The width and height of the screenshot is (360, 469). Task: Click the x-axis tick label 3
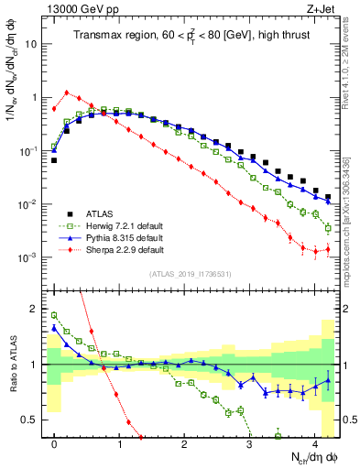click(250, 442)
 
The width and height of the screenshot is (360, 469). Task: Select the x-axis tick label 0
click(54, 442)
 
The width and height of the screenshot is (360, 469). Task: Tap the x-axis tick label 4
click(315, 442)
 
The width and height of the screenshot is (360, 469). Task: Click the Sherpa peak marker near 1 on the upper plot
click(67, 92)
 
